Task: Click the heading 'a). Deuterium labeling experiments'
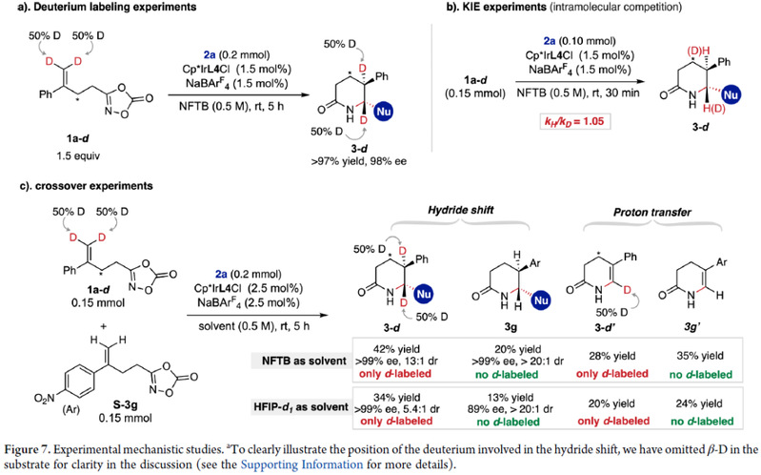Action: tap(86, 10)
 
